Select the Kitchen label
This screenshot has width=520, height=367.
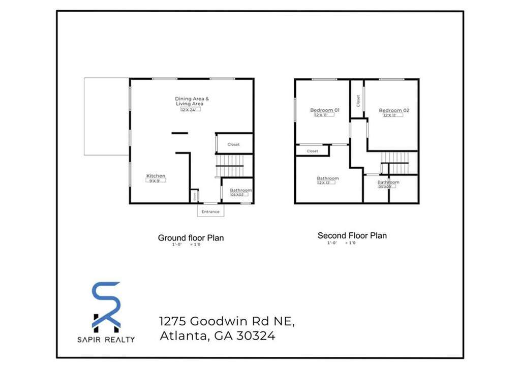[156, 176]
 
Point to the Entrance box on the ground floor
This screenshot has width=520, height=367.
[210, 211]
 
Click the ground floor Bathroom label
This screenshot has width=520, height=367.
[241, 190]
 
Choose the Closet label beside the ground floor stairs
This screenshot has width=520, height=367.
[233, 144]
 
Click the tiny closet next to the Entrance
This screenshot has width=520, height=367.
[194, 195]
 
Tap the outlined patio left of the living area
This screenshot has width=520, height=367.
[106, 116]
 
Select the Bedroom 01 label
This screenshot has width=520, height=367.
[325, 110]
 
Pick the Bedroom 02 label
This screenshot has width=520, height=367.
[394, 110]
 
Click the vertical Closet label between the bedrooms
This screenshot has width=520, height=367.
[358, 101]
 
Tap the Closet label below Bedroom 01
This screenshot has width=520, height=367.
[313, 151]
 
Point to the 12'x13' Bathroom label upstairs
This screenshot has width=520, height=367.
[328, 178]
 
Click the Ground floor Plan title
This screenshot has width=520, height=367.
[191, 237]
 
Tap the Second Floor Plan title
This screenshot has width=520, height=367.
[352, 235]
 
